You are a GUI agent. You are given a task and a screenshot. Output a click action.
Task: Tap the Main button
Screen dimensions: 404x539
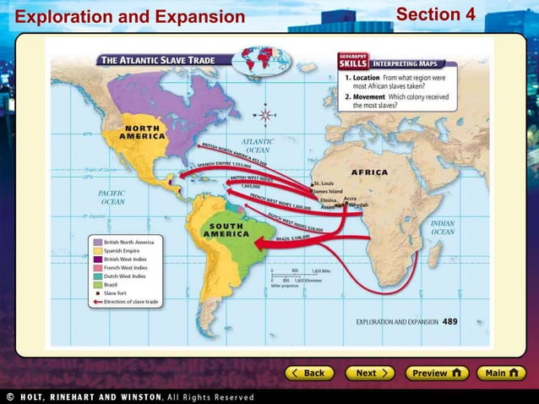tap(502, 373)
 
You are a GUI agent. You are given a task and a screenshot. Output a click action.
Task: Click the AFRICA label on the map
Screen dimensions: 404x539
tap(369, 172)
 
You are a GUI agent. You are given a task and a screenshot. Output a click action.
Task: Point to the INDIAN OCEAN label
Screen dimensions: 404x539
tap(443, 227)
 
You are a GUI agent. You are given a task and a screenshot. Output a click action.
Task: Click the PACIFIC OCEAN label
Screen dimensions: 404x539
tap(112, 198)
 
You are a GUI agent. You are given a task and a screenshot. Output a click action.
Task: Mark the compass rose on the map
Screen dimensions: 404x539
tap(265, 114)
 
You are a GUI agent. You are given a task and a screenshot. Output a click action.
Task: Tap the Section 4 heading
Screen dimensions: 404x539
tap(435, 14)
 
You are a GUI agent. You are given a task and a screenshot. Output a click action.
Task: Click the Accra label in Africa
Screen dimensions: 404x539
tap(351, 199)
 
